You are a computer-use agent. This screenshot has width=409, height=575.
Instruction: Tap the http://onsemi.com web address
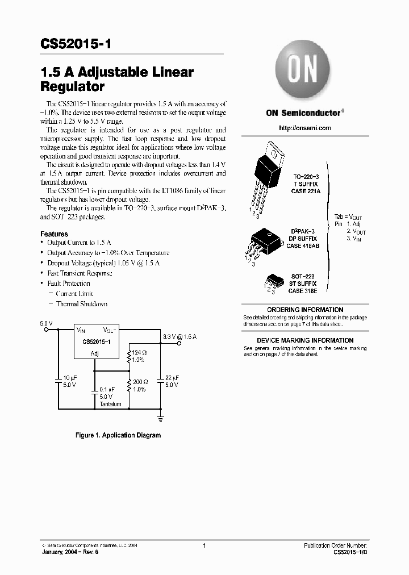point(304,128)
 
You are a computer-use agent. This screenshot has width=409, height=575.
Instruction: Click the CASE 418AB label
point(302,246)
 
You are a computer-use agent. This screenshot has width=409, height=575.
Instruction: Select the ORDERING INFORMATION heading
point(305,310)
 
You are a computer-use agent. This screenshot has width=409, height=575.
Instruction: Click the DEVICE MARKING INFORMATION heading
point(305,340)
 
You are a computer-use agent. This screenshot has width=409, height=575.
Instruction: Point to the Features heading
point(54,234)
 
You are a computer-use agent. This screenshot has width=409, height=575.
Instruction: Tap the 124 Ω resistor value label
point(139,353)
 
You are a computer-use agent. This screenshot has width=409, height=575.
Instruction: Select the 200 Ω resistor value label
point(140,382)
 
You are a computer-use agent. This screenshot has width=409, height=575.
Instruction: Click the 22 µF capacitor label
point(172,377)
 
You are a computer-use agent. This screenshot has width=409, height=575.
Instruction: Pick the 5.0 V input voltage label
point(46,323)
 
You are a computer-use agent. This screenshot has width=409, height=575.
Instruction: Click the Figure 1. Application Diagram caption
point(118,435)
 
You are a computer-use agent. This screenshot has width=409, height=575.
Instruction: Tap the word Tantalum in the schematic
point(110,404)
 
